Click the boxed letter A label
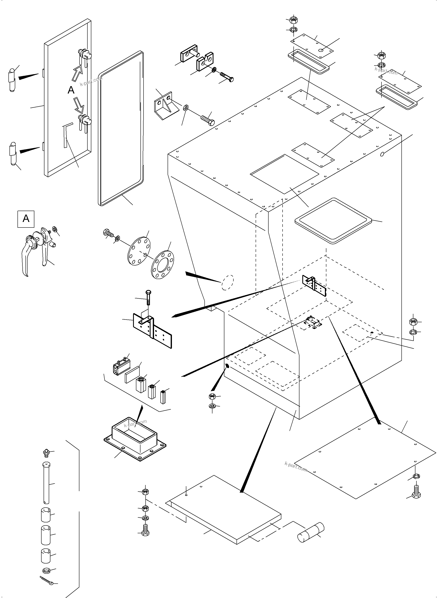coord(26,219)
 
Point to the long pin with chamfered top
coord(46,483)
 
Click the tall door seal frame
coord(121,128)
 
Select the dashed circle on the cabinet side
coord(227,282)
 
